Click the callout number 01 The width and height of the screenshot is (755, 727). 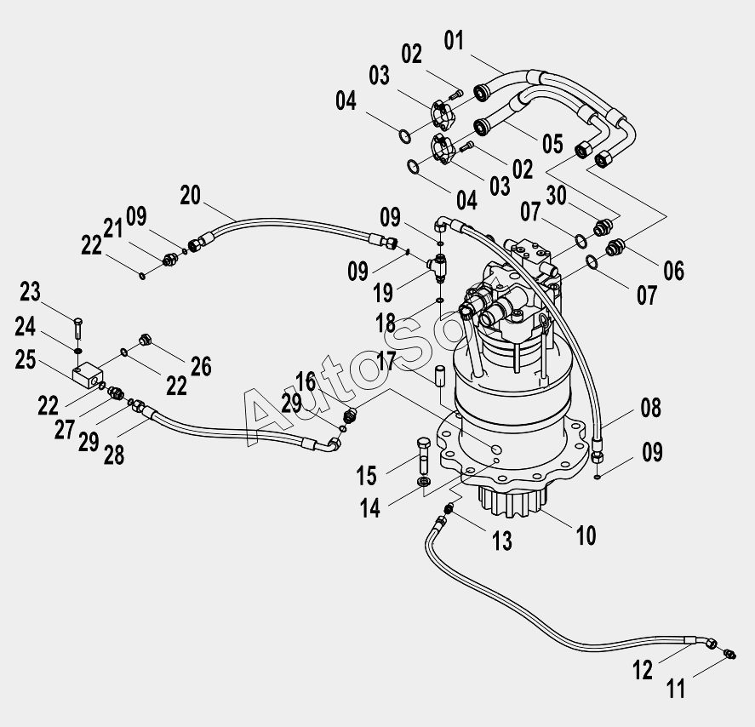[454, 41]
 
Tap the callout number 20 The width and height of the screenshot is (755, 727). [190, 196]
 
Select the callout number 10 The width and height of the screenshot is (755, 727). [586, 535]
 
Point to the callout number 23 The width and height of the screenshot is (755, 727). [30, 292]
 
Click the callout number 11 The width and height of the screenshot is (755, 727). [676, 689]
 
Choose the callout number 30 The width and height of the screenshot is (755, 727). [556, 196]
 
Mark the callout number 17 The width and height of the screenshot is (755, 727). [386, 361]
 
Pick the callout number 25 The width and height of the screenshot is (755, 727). [26, 359]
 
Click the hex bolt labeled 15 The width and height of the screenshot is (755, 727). [424, 455]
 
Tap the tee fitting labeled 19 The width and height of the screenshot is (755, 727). [438, 266]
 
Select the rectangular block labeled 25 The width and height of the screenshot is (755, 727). [89, 375]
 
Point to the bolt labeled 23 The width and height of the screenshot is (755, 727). [79, 329]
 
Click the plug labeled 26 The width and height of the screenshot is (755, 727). [145, 340]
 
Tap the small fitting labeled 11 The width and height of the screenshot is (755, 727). [729, 655]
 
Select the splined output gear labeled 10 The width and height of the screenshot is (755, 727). [513, 502]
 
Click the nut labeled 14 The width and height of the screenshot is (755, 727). [424, 482]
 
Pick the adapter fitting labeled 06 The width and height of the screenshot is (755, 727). [615, 248]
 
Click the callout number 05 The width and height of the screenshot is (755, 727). [552, 145]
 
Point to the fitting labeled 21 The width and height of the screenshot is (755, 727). [170, 260]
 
